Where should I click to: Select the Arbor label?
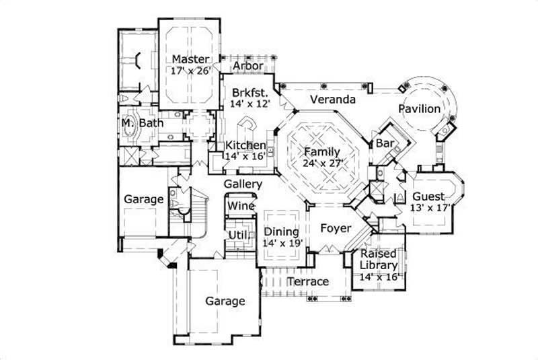pyautogui.click(x=247, y=66)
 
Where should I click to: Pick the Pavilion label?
pyautogui.click(x=418, y=108)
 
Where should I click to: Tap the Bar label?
pyautogui.click(x=385, y=143)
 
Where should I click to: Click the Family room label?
pyautogui.click(x=321, y=151)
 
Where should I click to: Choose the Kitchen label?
pyautogui.click(x=245, y=145)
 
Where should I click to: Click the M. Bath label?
pyautogui.click(x=137, y=124)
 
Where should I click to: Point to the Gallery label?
pyautogui.click(x=243, y=184)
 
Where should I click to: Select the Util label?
pyautogui.click(x=238, y=233)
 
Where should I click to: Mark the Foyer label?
pyautogui.click(x=335, y=228)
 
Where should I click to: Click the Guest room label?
pyautogui.click(x=428, y=196)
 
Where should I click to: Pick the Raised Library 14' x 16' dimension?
pyautogui.click(x=379, y=277)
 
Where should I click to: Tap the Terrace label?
pyautogui.click(x=308, y=281)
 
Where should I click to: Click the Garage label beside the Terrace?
pyautogui.click(x=225, y=301)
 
